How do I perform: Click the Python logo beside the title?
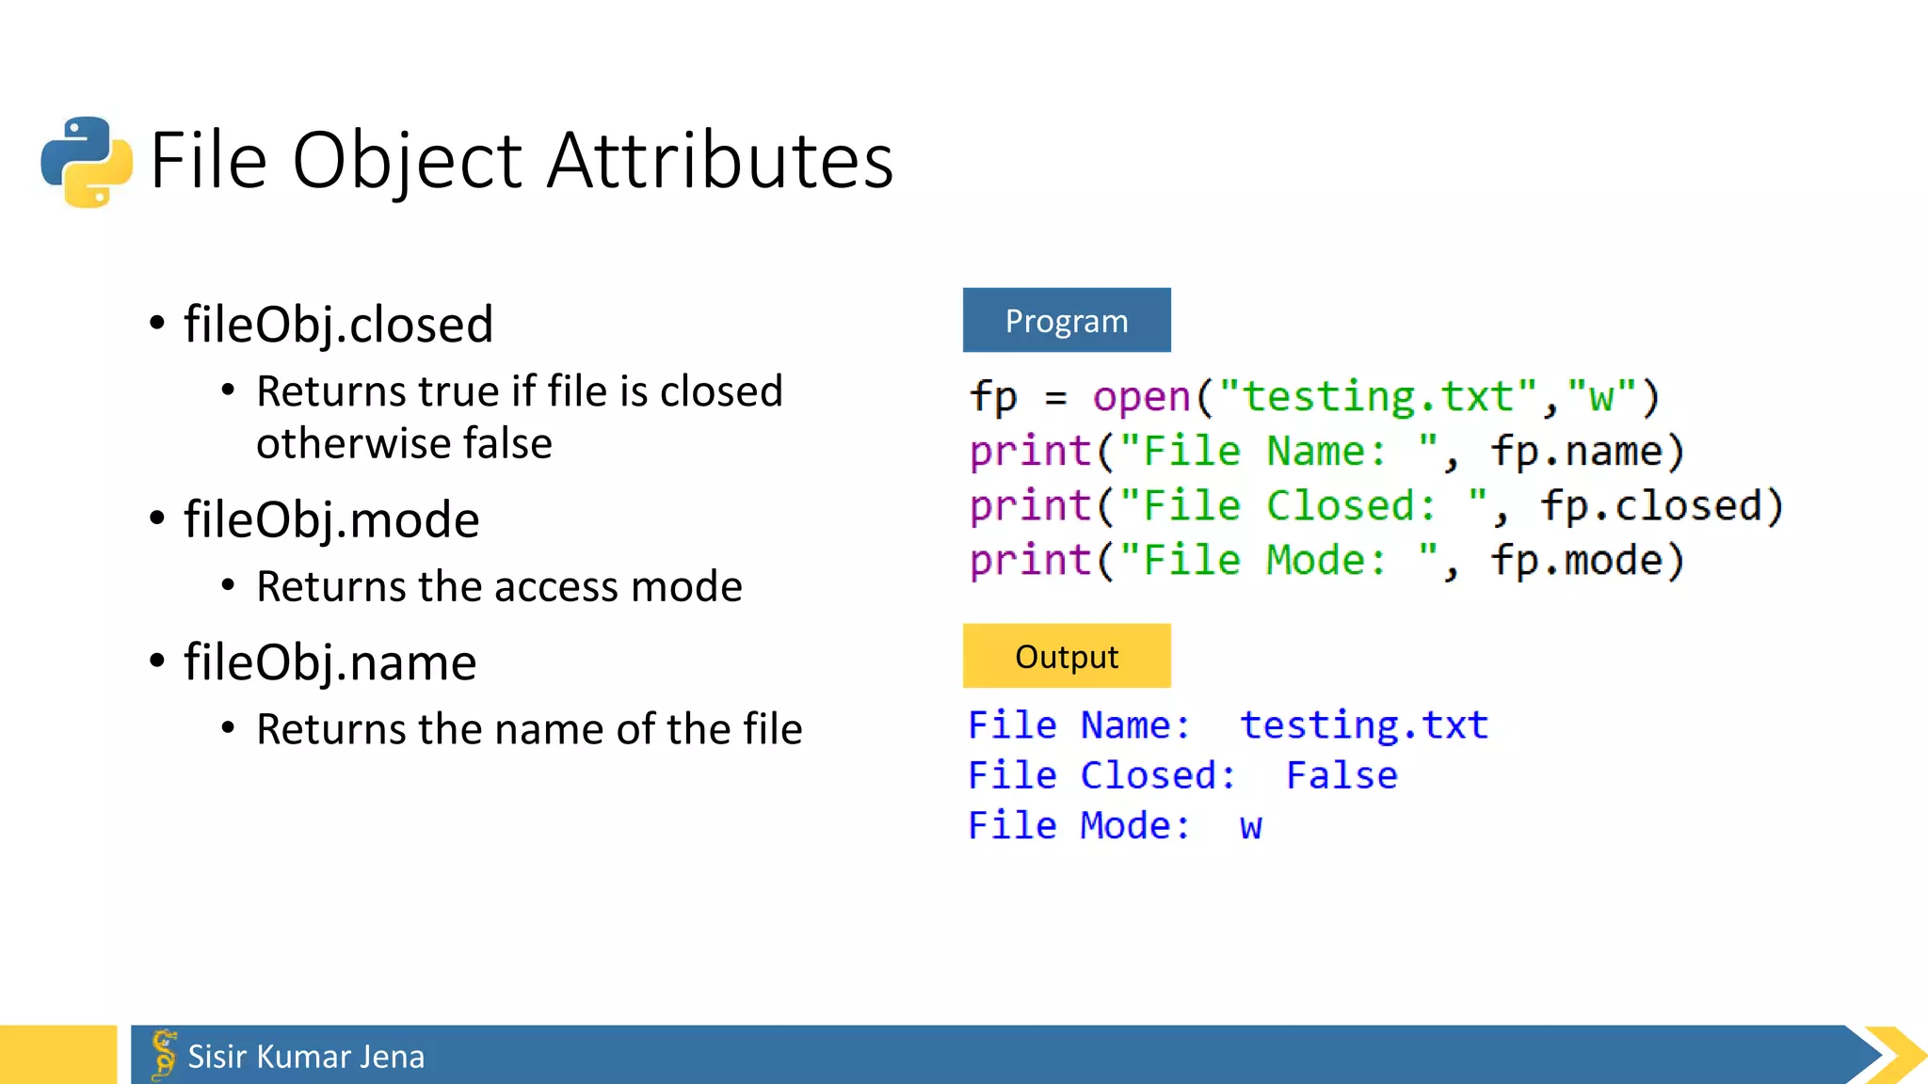click(x=87, y=161)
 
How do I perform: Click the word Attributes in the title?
click(x=720, y=161)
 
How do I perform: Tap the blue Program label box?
click(x=1066, y=321)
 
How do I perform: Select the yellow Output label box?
click(x=1066, y=656)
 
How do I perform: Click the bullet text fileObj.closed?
click(x=338, y=325)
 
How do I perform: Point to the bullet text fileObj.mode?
click(x=331, y=519)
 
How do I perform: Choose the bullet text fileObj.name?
click(x=329, y=662)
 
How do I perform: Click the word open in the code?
click(x=1141, y=397)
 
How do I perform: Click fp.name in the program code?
click(x=1587, y=452)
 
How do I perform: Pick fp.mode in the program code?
click(x=1587, y=561)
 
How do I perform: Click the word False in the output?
click(x=1342, y=776)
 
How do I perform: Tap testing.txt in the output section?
click(x=1363, y=725)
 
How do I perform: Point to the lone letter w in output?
click(x=1250, y=827)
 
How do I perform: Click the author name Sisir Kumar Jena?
click(x=306, y=1057)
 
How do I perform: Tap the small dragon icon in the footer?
click(x=164, y=1054)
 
